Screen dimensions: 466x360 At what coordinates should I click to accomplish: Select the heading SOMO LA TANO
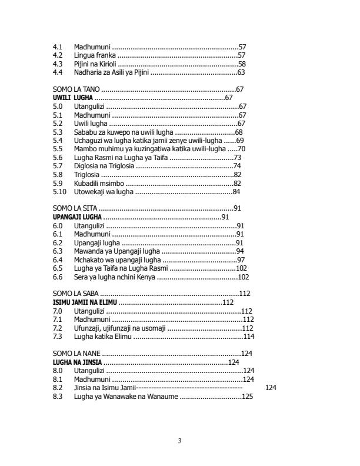pos(76,89)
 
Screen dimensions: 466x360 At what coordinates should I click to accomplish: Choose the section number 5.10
pos(59,192)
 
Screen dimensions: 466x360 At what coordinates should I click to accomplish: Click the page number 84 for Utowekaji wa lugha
pos(236,192)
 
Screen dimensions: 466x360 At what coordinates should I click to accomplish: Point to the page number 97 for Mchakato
pos(241,259)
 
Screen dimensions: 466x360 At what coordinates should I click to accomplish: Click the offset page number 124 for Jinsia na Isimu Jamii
pos(271,388)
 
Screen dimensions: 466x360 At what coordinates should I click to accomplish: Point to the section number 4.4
pos(58,72)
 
